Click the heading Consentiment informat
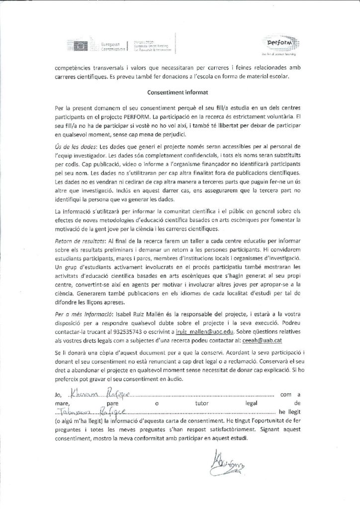pos(180,92)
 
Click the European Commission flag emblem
pos(81,46)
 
